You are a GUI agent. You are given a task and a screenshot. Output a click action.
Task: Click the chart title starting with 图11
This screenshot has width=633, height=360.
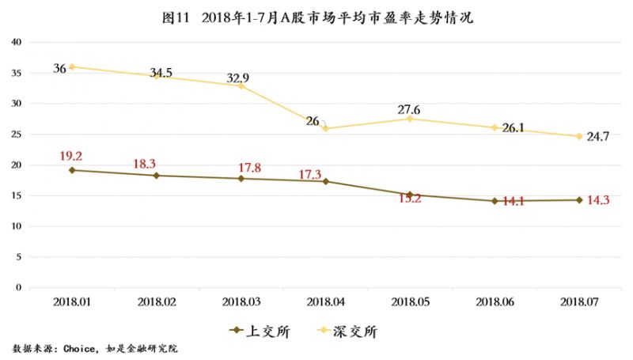316,17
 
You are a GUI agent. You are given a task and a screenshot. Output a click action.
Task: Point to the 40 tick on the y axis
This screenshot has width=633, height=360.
15,42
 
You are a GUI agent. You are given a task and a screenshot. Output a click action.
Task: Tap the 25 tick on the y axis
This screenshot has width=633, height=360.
15,134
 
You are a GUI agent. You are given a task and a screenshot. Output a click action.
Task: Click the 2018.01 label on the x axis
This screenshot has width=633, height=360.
72,301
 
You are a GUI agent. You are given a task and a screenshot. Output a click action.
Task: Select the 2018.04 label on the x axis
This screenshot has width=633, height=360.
325,301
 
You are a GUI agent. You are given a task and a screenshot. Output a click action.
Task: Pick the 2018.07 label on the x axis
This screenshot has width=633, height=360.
578,301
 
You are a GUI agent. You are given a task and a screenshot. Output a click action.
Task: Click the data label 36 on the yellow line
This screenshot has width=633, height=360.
59,68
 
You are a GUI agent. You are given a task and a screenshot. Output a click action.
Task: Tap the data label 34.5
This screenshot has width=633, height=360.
161,74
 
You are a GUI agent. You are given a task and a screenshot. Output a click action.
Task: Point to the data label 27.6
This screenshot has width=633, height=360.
409,109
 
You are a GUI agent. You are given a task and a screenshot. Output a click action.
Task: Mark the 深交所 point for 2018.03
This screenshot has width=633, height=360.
241,85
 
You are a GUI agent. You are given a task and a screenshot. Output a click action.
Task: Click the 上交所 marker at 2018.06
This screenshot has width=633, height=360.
495,201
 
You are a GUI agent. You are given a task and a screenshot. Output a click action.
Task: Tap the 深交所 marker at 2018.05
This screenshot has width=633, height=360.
410,119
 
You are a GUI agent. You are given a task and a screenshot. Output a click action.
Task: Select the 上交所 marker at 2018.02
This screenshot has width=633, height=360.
157,176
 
